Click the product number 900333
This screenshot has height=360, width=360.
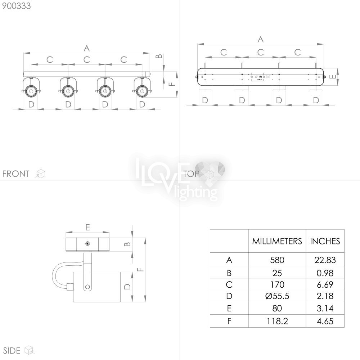(x=16, y=6)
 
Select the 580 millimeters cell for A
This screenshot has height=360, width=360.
(x=277, y=260)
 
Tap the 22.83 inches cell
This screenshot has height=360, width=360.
(x=325, y=260)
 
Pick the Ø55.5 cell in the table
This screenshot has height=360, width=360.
(x=277, y=296)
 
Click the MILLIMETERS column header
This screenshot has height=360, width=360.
(x=277, y=241)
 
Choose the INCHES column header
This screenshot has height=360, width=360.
(x=325, y=241)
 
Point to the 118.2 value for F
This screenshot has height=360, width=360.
(x=277, y=321)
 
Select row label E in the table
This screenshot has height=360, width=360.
(x=229, y=308)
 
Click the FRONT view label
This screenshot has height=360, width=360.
(x=16, y=174)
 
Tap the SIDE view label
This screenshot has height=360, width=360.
(x=12, y=351)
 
